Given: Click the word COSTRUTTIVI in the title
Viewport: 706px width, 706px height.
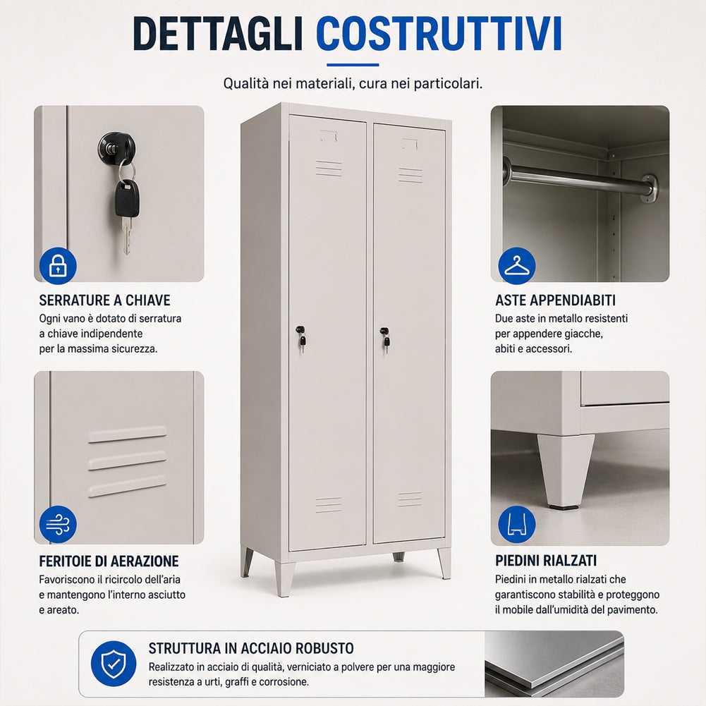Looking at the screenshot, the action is coord(439,34).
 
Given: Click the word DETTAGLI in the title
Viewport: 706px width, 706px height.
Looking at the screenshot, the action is coord(217,34).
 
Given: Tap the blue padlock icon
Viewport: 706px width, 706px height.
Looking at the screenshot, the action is coord(58,266).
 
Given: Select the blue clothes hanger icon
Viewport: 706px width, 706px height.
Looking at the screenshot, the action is coord(516,266).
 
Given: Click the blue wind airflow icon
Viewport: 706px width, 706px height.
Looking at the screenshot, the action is coord(58,524).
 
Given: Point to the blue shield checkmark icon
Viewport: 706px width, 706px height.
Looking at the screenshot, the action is coord(114,664).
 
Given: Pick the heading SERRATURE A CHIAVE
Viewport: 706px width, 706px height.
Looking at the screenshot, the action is coord(104,300).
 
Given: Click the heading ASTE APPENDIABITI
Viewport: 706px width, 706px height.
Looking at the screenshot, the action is coord(555,300).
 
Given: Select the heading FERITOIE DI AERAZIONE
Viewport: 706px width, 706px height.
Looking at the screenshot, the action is coord(109,561).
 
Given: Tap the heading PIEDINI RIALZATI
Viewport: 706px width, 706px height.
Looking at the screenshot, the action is coord(546,561).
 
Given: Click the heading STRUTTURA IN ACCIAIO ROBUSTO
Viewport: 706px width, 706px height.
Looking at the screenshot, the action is coord(251,648).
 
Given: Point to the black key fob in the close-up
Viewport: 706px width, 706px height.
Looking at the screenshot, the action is coord(126,199).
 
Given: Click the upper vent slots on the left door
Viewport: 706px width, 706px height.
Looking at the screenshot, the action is coord(329,168).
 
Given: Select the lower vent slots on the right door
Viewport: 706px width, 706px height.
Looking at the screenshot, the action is coord(410,499).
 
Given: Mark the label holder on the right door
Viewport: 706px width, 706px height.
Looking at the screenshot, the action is coord(410,144).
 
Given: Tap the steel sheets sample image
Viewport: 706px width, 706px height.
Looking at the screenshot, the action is coord(554,664).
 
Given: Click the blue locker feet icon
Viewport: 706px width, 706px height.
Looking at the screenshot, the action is coord(516,524).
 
